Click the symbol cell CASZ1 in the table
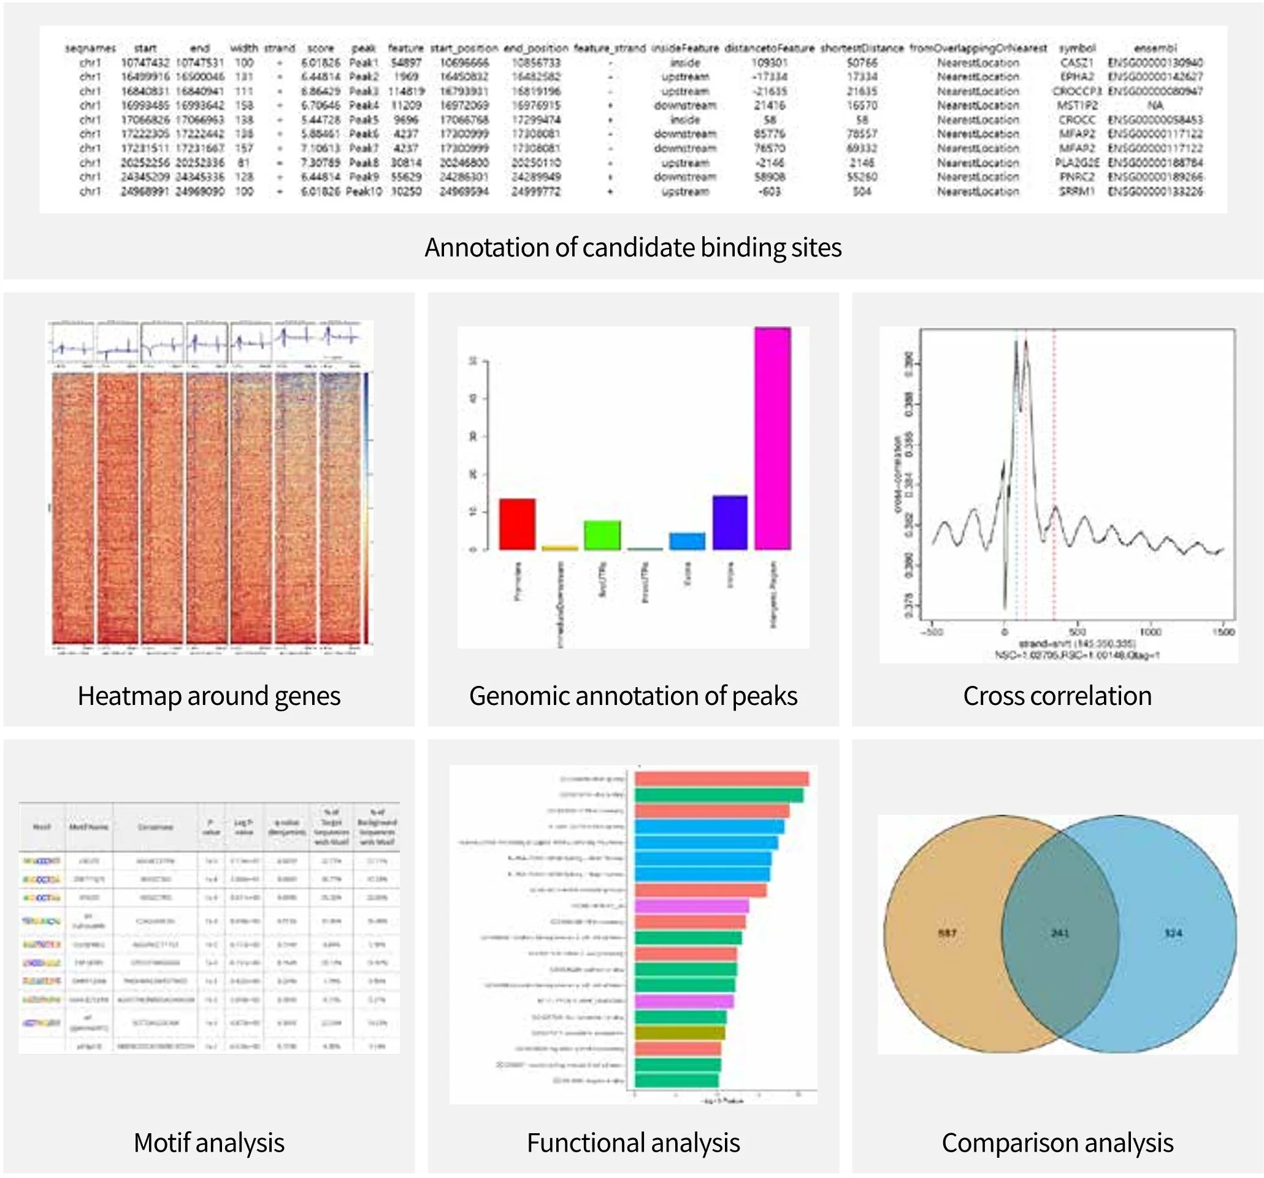click(x=1076, y=63)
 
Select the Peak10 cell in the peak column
click(x=364, y=191)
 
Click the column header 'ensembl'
click(x=1155, y=48)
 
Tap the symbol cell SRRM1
click(x=1076, y=191)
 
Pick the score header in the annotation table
click(x=321, y=48)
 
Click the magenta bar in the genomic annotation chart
click(x=773, y=439)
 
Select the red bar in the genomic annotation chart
click(x=517, y=524)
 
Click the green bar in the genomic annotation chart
click(x=602, y=535)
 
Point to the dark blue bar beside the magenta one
click(x=730, y=522)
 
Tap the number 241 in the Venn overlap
click(x=1059, y=933)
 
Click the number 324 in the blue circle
click(x=1173, y=933)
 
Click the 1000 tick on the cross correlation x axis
click(x=1150, y=631)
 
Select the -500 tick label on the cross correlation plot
click(x=933, y=631)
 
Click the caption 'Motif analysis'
click(x=209, y=1142)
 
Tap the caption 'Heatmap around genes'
click(x=209, y=696)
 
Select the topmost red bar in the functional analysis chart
click(x=722, y=779)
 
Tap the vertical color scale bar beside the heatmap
click(x=366, y=509)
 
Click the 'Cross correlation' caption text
click(x=1057, y=696)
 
